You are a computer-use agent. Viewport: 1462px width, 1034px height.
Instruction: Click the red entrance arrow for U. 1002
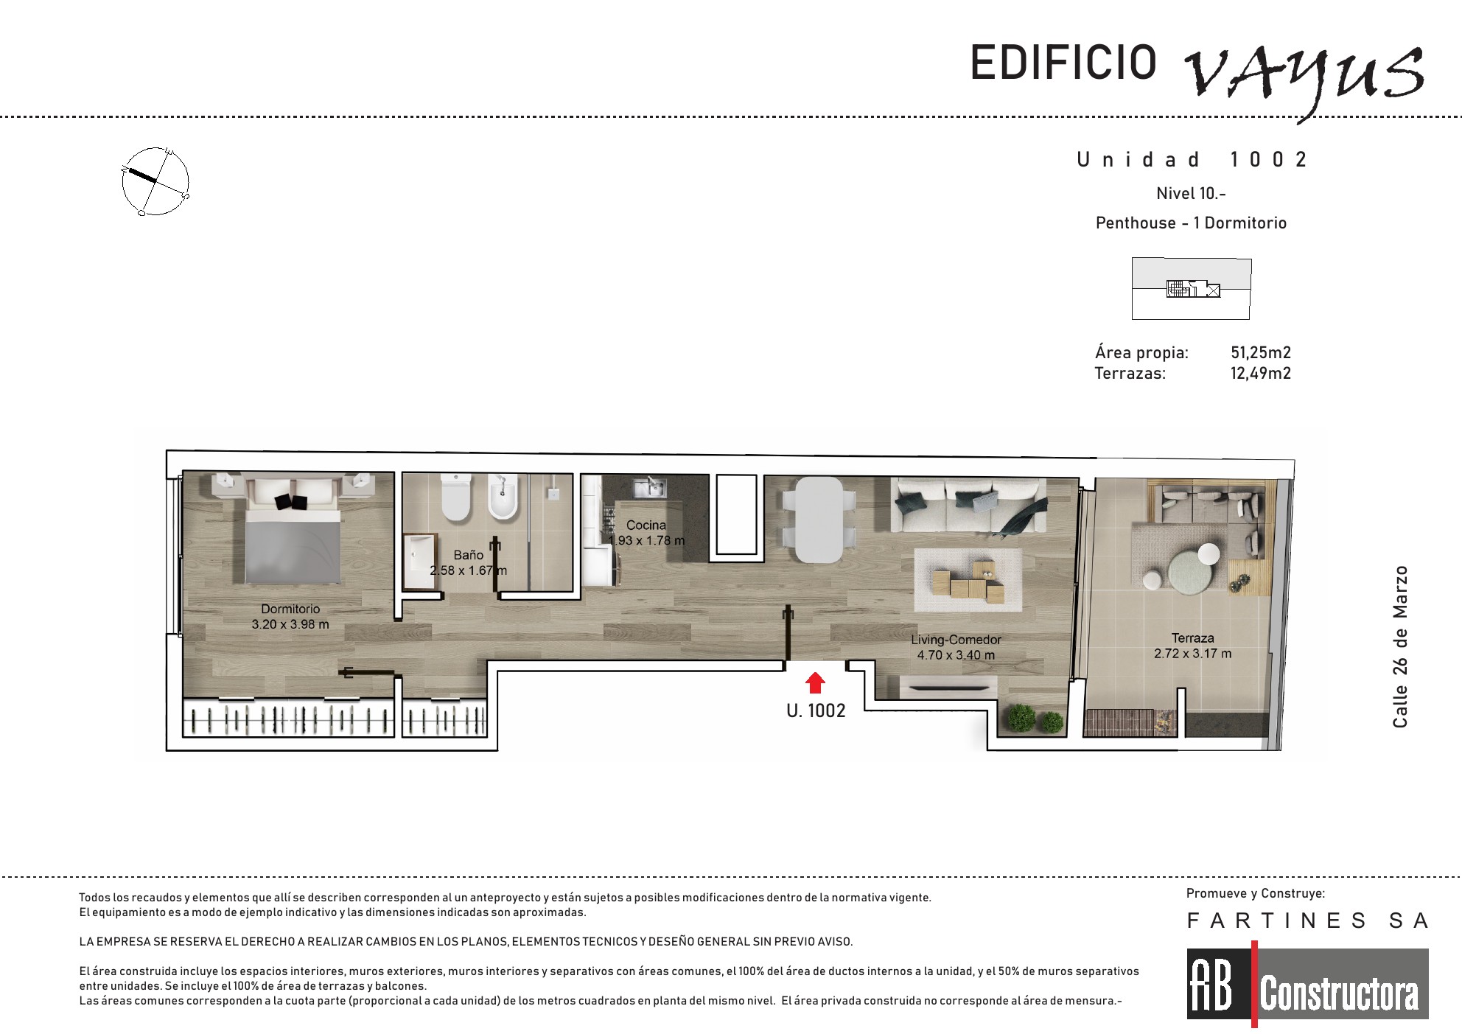(x=814, y=683)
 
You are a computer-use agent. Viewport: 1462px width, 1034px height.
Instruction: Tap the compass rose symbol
(x=155, y=181)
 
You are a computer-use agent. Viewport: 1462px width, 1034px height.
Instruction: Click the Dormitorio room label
(x=290, y=609)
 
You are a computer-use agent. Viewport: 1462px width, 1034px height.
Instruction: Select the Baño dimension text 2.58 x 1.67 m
(x=469, y=570)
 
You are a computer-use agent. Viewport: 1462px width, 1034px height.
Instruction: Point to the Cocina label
(x=646, y=525)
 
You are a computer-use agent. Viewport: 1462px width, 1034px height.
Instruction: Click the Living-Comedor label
(x=956, y=640)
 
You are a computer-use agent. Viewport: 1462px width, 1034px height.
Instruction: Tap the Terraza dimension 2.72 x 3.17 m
(x=1192, y=654)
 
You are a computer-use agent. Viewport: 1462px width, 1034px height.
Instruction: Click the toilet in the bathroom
(x=455, y=497)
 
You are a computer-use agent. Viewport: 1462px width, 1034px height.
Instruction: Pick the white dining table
(x=819, y=519)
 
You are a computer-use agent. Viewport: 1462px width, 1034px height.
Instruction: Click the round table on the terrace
(x=1188, y=573)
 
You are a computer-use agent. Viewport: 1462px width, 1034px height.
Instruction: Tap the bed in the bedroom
(x=293, y=531)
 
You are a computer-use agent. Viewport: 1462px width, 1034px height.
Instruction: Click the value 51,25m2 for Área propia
(x=1261, y=352)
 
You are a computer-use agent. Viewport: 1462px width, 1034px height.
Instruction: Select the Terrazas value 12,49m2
(x=1261, y=373)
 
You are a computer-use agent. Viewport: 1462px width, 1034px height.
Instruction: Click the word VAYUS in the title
(x=1304, y=77)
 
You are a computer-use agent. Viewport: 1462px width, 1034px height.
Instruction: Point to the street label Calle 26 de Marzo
(x=1400, y=646)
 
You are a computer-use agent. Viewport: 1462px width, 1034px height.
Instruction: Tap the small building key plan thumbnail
(x=1192, y=288)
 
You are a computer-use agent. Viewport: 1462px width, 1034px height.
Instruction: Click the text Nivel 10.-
(x=1191, y=193)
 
